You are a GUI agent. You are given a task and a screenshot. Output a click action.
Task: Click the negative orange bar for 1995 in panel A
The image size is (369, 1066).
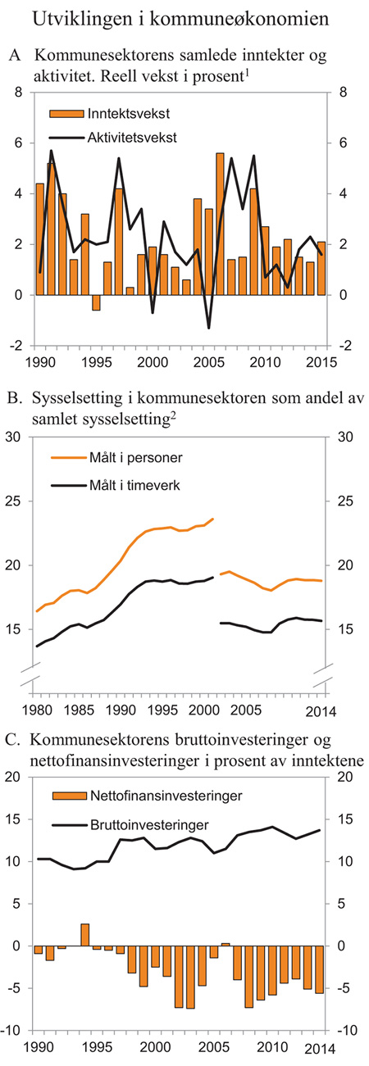(x=96, y=302)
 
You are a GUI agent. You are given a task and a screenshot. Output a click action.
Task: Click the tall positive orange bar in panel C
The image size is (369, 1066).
(x=84, y=934)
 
